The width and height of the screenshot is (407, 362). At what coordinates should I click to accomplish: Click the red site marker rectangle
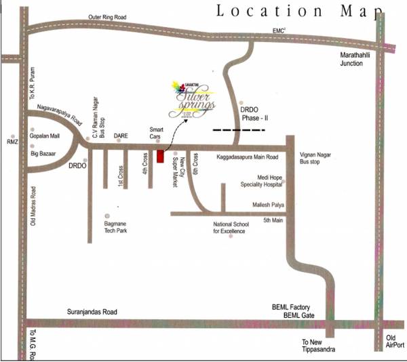click(x=161, y=157)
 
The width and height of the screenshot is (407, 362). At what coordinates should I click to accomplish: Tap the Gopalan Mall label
click(x=45, y=136)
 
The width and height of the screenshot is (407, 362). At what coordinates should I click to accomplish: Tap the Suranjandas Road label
click(x=92, y=312)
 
